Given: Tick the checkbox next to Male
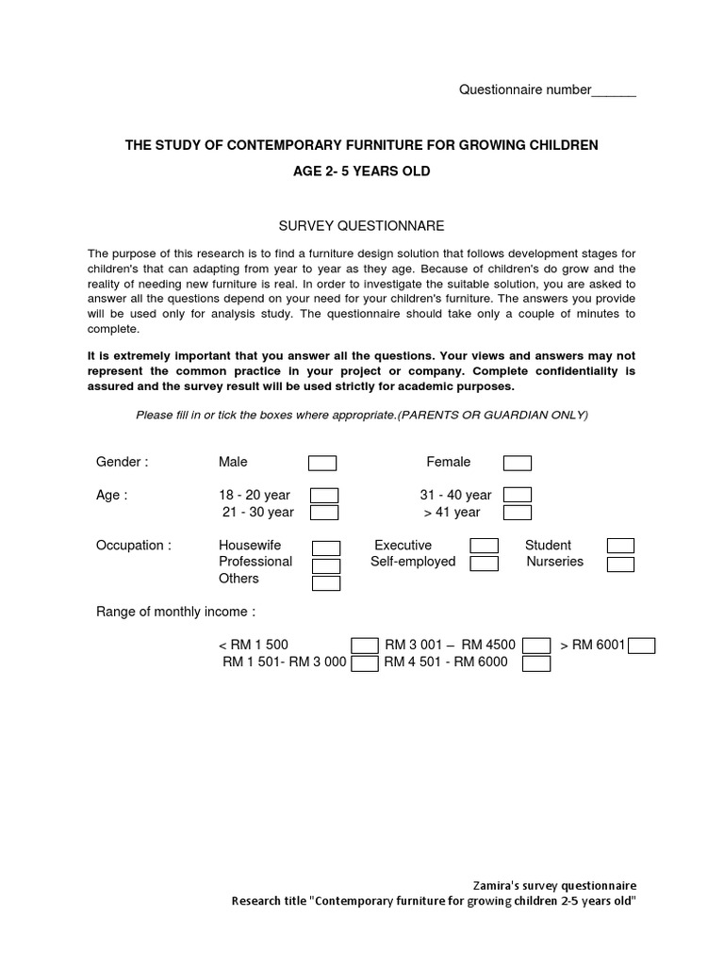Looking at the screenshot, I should [322, 463].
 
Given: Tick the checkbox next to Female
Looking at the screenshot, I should [517, 463].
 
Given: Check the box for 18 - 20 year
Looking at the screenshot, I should [324, 496].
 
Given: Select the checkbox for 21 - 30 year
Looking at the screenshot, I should [324, 513].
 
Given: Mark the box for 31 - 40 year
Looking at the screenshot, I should [517, 496].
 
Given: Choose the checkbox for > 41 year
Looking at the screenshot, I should [517, 513].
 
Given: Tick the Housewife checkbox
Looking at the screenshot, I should [326, 548].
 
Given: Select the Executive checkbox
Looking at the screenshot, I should [485, 547].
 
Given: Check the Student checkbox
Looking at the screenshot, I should [620, 547].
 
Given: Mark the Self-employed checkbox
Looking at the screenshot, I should [485, 564].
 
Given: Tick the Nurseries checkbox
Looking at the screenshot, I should [620, 564].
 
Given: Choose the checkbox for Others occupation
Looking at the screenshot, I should [326, 582].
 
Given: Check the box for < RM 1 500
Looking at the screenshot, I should [365, 646].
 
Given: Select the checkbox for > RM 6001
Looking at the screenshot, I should [641, 646].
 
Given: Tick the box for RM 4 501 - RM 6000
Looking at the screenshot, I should [536, 663].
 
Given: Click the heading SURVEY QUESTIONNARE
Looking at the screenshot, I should [361, 226].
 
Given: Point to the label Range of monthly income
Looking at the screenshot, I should [175, 612].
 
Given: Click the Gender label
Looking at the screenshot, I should [122, 462].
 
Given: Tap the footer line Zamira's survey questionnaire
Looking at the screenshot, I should [554, 885].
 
